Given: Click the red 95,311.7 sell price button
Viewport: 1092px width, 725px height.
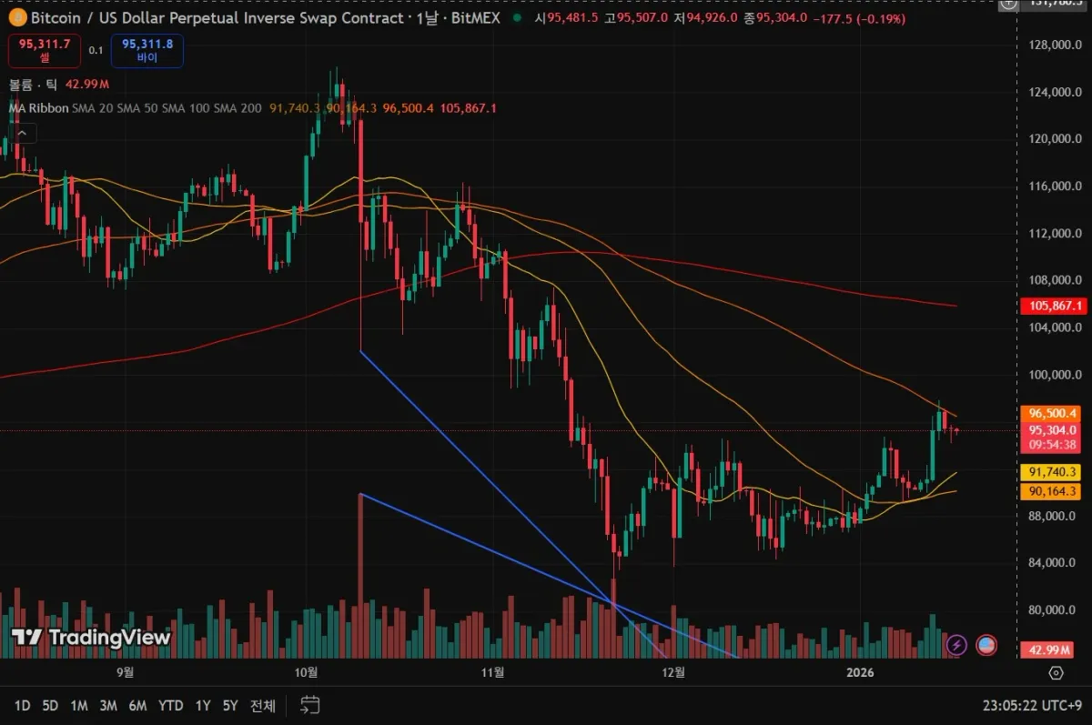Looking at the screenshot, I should pos(45,50).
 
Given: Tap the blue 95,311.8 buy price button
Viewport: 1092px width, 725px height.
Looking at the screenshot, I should pos(147,50).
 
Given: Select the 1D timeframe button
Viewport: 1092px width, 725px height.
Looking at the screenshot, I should pos(23,705).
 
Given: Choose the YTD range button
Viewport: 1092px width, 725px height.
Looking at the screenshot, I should pos(170,705).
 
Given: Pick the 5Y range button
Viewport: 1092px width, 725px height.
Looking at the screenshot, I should pos(230,705).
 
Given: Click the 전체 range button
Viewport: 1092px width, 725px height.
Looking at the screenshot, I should pos(263,705).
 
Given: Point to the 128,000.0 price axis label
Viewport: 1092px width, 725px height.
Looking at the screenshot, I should pos(1055,45).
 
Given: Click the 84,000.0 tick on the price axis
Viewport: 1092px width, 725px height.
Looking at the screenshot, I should pos(1055,563).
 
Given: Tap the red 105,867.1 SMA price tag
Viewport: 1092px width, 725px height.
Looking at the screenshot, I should pos(1055,307).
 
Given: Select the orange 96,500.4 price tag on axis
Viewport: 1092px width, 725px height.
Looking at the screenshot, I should pos(1055,412).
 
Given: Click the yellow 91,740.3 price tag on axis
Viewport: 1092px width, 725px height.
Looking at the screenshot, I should pos(1055,472).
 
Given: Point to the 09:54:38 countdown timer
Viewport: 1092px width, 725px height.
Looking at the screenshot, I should pos(1055,445).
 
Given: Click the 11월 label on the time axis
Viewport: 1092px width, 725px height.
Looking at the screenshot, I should pos(492,672).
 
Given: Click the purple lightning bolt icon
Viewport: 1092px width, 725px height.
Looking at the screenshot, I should pos(956,646).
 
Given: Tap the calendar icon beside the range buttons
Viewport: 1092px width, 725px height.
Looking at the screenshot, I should pos(310,704).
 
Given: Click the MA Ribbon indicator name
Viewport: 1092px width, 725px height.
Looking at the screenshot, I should pos(37,108).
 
